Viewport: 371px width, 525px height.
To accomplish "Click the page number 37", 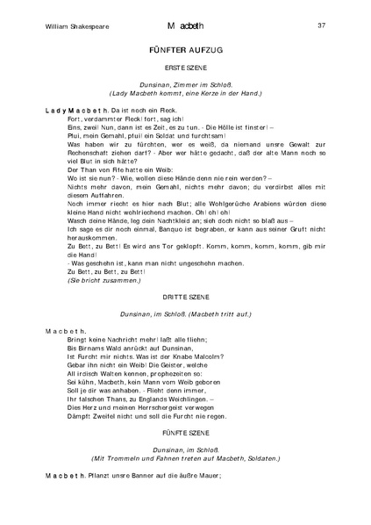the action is coord(321,25).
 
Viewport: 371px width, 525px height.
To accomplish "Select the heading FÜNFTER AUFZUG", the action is coord(185,52).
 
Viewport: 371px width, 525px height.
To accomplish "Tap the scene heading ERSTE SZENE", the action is coord(185,68).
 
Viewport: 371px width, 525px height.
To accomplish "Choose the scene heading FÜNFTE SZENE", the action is coord(185,434).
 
